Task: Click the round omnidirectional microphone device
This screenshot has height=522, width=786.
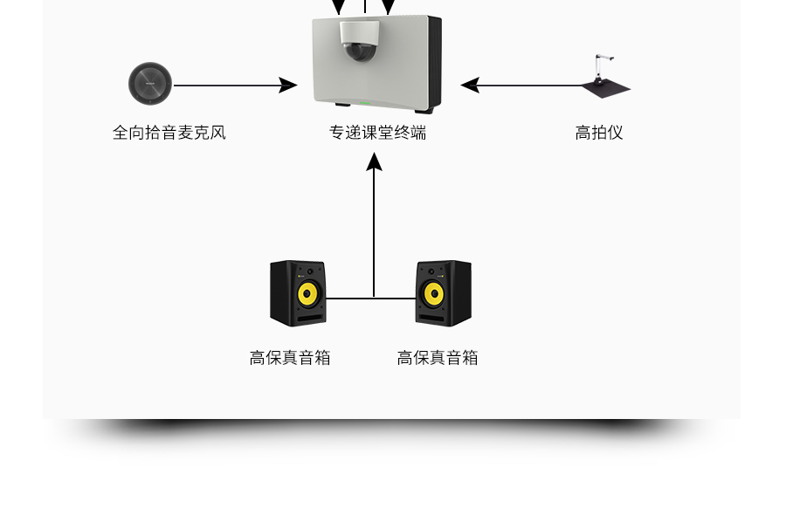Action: [x=150, y=85]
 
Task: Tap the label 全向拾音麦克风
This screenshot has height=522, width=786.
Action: [x=169, y=133]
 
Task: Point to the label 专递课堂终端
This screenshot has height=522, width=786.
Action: [x=377, y=133]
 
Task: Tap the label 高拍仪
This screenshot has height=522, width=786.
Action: [x=599, y=133]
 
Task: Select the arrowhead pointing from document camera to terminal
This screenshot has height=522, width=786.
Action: [x=470, y=86]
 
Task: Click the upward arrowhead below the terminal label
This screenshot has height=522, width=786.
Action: [x=375, y=161]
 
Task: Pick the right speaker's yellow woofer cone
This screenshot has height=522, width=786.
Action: [x=433, y=294]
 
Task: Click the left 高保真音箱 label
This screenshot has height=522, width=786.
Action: [x=290, y=358]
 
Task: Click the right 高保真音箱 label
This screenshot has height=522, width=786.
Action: [x=438, y=358]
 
